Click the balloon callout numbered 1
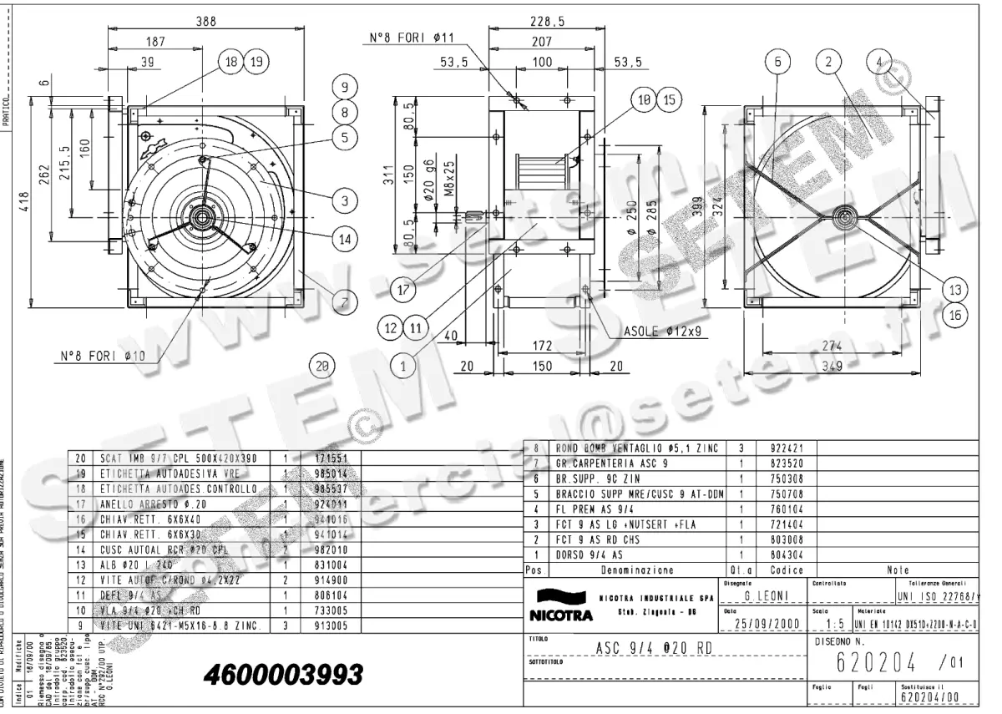404,365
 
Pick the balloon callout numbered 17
404,291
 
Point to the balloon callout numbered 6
777,62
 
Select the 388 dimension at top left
205,21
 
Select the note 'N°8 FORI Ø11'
411,38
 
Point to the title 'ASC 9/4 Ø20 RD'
644,647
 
